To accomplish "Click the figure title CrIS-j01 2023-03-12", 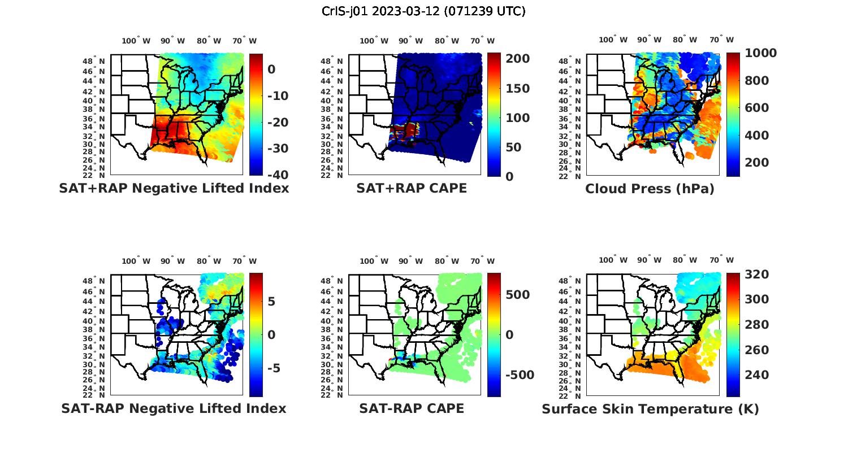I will (x=423, y=11).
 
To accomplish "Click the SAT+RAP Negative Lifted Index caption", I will (x=174, y=188).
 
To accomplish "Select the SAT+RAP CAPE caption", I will (x=412, y=188).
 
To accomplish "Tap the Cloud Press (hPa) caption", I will (x=650, y=189).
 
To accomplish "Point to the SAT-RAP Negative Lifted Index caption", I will (x=174, y=408).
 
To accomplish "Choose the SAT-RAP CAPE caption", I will (x=412, y=408).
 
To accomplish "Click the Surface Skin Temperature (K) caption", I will (x=650, y=409).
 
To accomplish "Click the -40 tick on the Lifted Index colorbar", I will (x=278, y=175).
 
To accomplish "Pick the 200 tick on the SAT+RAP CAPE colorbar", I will (x=517, y=59).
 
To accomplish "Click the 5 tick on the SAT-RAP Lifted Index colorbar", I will (x=271, y=301).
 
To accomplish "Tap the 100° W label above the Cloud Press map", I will (x=613, y=40).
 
